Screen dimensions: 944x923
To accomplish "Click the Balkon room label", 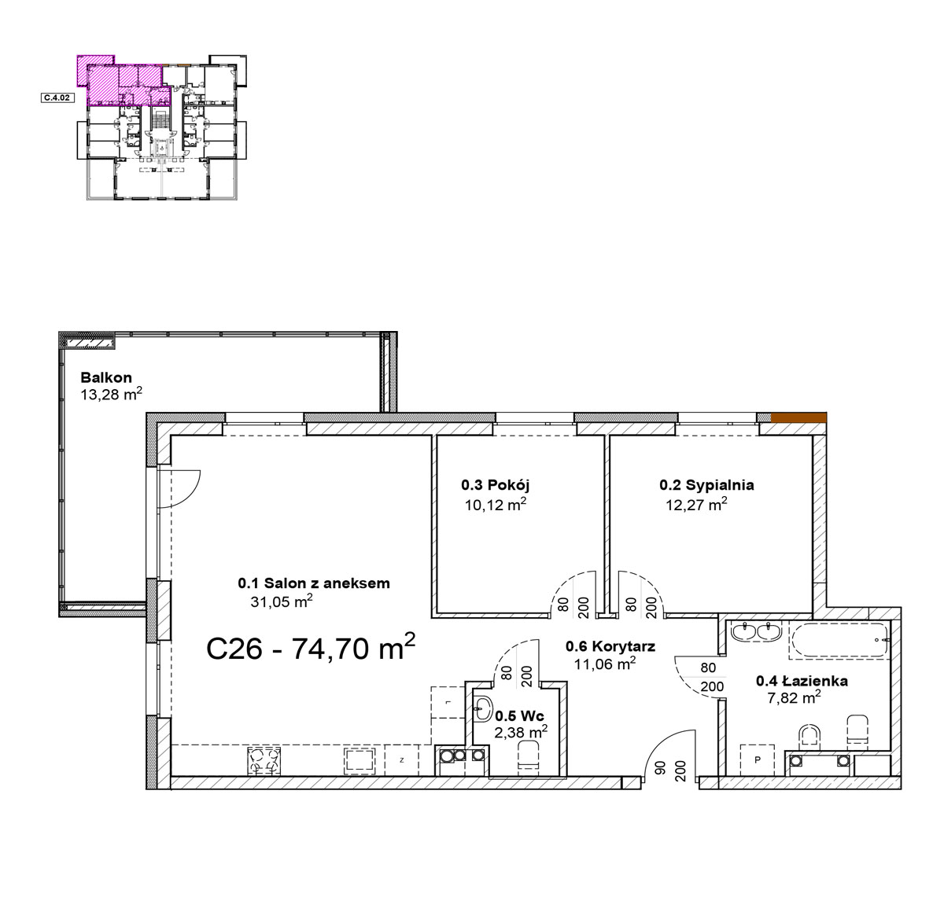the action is [x=105, y=377].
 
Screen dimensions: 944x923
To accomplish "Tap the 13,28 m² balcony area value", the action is [x=111, y=394].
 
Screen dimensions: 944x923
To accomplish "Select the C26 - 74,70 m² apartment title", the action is [x=311, y=647].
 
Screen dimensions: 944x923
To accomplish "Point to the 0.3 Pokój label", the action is [x=495, y=484].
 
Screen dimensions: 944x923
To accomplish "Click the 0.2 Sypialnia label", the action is [x=706, y=485].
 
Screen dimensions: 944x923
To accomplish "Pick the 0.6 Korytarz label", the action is [x=610, y=646].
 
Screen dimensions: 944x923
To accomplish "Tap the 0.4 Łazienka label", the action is [x=802, y=681].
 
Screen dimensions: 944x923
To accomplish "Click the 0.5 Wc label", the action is [x=519, y=715].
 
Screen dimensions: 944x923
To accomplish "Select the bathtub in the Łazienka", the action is [x=838, y=641].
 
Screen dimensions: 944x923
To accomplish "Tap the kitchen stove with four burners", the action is [x=264, y=760].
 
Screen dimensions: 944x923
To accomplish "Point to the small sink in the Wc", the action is [x=483, y=708].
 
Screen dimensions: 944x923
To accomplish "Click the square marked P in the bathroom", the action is [x=758, y=760].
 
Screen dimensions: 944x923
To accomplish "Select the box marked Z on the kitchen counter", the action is [x=402, y=760].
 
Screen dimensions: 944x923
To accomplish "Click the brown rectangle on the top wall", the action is [x=798, y=417].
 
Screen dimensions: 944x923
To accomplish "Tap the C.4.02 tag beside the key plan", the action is [x=57, y=98].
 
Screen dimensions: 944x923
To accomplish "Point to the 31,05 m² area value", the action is [x=282, y=601].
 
